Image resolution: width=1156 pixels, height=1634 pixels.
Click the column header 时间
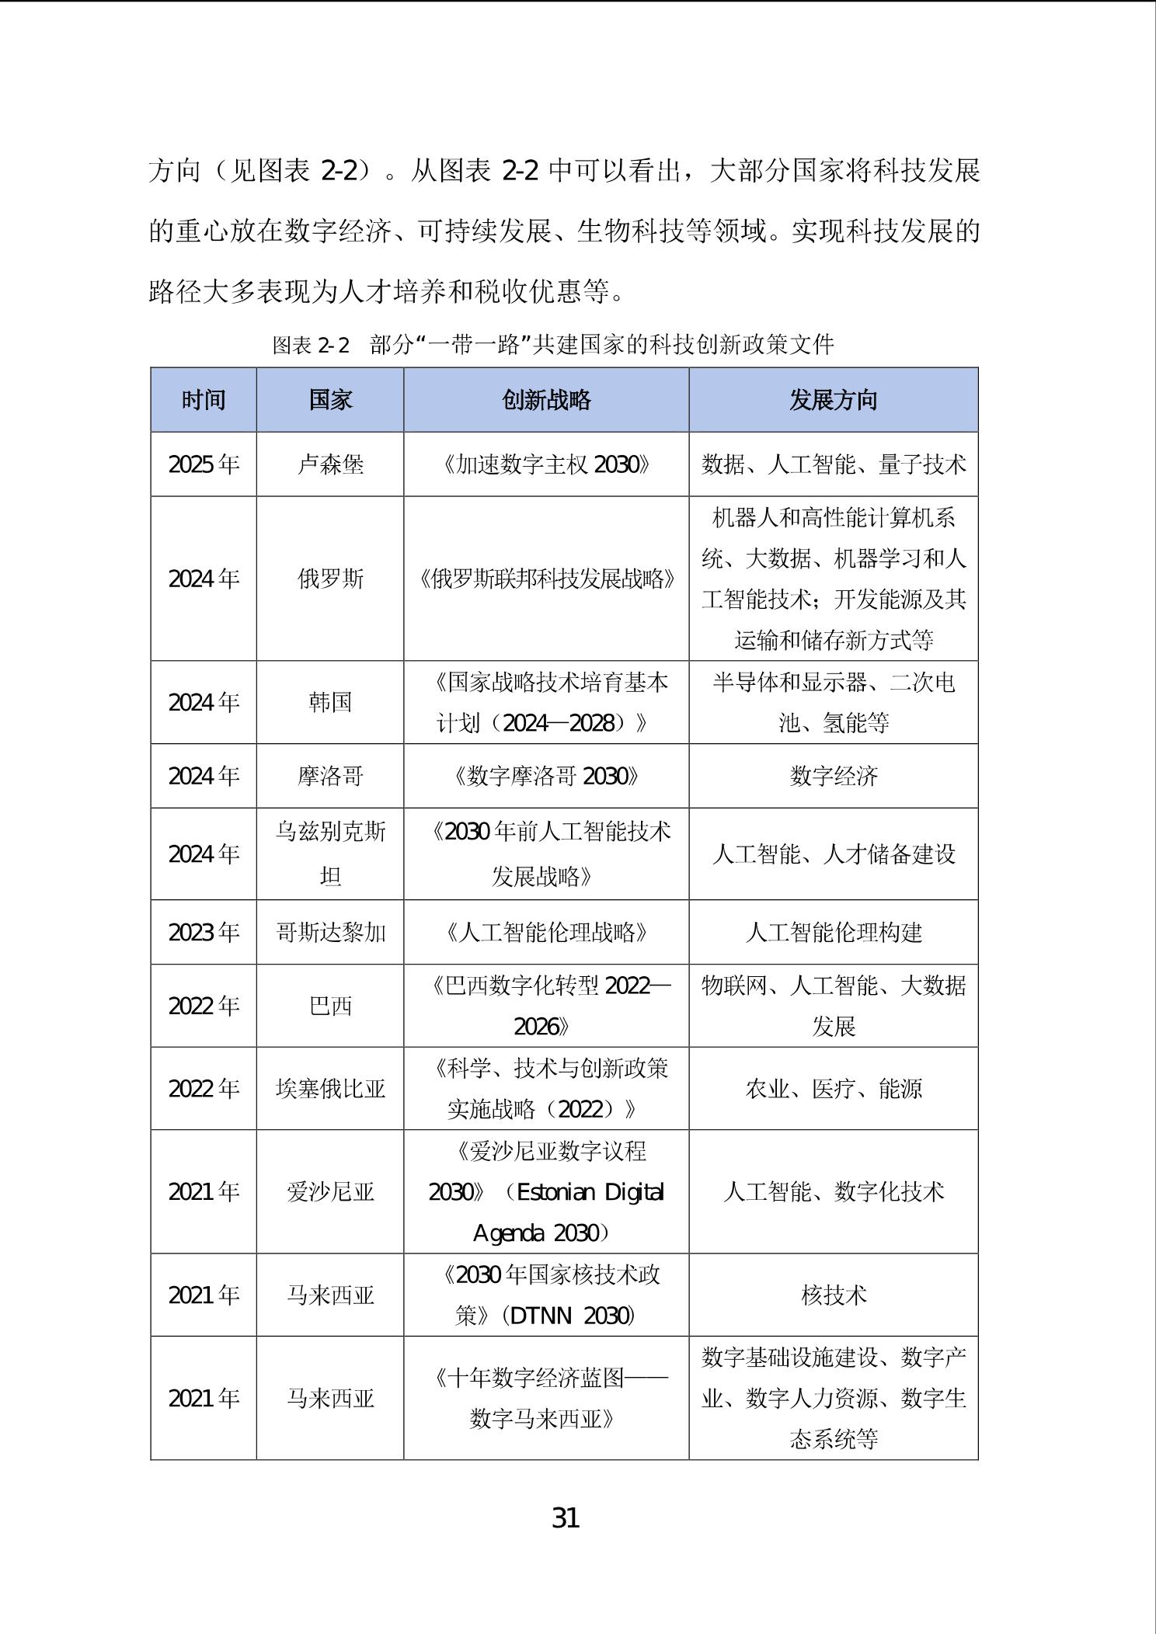point(204,400)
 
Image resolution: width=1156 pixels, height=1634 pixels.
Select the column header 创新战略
point(546,400)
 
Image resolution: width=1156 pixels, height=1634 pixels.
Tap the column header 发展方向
point(833,400)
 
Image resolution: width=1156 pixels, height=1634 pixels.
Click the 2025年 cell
point(204,464)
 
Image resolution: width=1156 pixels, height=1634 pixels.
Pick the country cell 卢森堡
point(330,464)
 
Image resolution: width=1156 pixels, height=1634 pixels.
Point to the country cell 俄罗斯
point(330,579)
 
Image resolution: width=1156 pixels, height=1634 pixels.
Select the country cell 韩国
point(330,702)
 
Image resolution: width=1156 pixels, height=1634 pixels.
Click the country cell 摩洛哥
point(330,776)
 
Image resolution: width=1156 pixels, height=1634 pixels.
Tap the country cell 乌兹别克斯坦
point(330,854)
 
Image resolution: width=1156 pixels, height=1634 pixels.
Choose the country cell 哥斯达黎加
point(330,932)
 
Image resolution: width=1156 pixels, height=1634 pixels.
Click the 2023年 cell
point(204,932)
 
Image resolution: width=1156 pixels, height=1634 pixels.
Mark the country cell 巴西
point(330,1006)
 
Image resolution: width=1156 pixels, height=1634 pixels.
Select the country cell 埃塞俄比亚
point(330,1088)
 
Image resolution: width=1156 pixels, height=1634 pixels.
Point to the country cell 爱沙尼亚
point(330,1191)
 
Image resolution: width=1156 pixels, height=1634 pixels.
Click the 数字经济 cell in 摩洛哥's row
point(833,776)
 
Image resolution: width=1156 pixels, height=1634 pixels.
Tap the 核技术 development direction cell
point(833,1295)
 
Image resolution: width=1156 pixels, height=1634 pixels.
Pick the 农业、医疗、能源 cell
point(833,1088)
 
